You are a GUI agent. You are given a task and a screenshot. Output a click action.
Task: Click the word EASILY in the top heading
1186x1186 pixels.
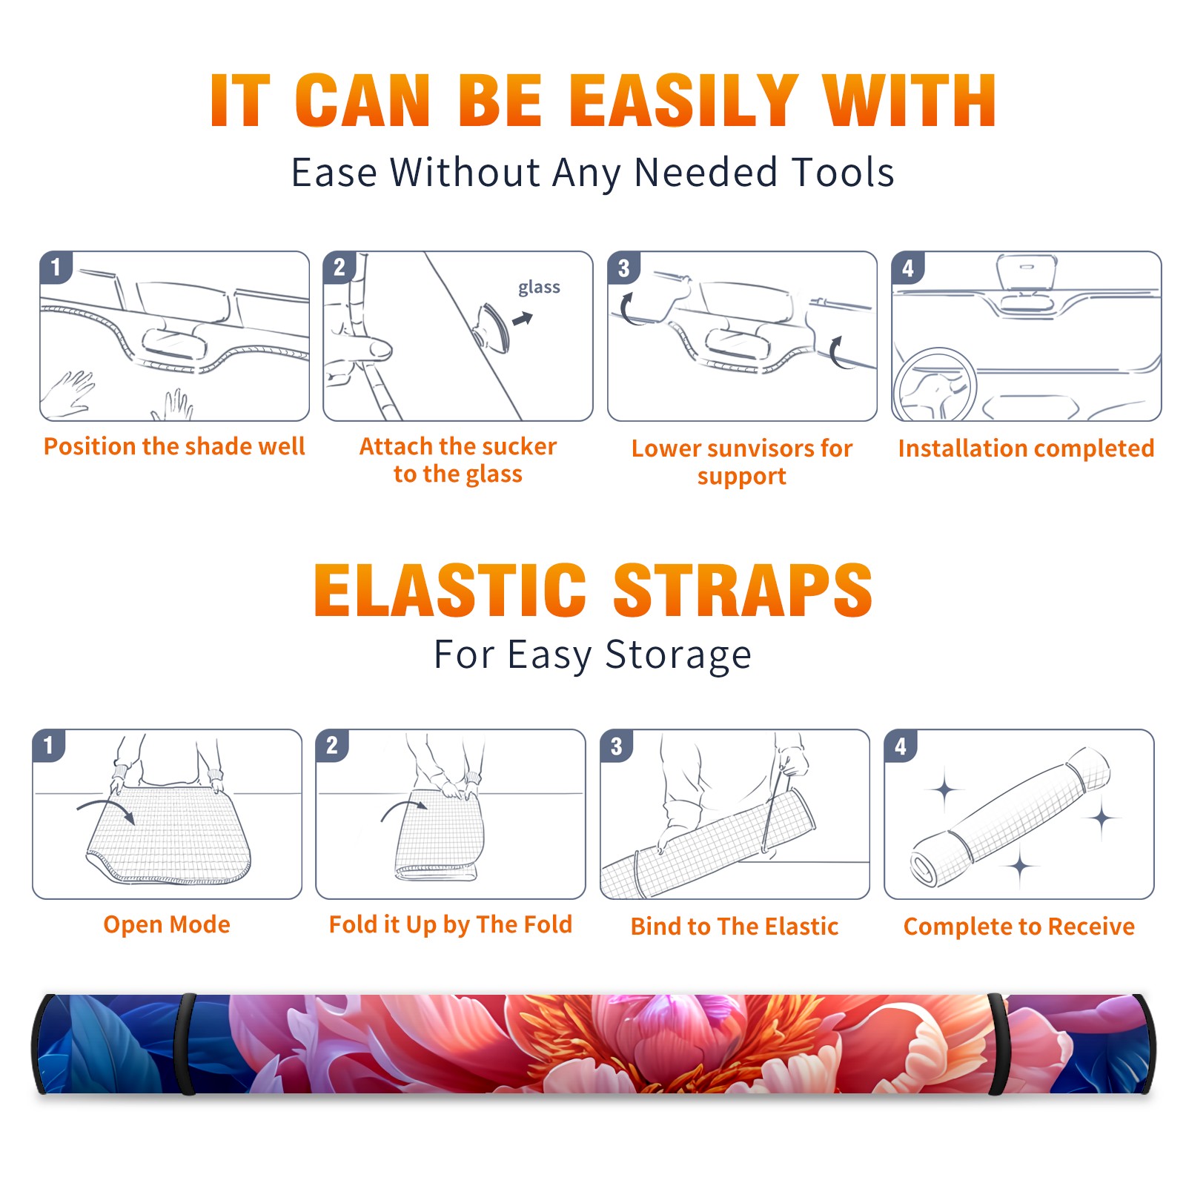click(683, 102)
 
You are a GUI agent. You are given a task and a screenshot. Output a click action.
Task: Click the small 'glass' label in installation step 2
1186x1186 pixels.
click(539, 288)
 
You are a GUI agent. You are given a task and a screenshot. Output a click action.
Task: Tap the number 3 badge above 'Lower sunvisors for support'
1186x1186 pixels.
click(623, 268)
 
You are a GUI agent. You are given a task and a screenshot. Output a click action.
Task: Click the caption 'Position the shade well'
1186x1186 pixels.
click(174, 446)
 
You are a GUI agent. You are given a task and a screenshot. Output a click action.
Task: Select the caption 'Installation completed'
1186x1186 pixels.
click(1026, 448)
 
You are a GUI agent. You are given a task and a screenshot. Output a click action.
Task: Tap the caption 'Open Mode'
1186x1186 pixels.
click(167, 924)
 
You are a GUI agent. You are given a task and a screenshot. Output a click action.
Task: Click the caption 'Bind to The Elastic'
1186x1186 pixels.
click(735, 926)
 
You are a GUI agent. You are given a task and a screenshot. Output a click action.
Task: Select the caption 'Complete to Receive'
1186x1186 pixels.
click(1019, 927)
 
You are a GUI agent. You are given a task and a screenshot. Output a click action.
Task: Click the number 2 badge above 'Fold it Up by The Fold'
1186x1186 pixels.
click(332, 746)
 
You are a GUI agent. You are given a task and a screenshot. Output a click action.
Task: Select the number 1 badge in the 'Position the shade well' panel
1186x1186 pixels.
click(56, 267)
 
